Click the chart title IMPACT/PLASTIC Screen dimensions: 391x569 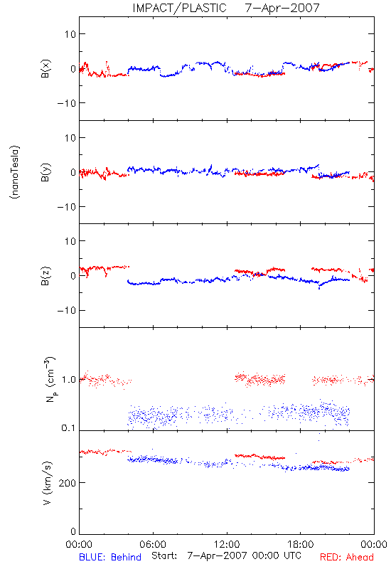179,8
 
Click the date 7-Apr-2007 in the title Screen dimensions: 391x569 282,8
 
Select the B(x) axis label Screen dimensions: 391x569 45,68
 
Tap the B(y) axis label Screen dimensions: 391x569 45,172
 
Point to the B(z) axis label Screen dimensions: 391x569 45,276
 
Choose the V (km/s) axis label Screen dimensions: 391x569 47,483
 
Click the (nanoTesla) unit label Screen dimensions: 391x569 15,172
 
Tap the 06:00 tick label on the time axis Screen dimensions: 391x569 153,544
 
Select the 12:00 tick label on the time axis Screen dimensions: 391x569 227,544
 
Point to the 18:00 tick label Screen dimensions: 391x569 301,544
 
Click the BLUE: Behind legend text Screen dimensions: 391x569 110,557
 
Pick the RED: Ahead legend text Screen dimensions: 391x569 347,557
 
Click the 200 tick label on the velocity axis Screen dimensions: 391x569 68,483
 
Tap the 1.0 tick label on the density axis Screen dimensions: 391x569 69,380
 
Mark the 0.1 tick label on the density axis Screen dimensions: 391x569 68,428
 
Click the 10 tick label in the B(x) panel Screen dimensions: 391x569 70,34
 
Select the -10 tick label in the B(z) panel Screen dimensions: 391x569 67,311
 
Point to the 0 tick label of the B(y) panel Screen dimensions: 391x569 73,172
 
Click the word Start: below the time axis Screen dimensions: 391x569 164,555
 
